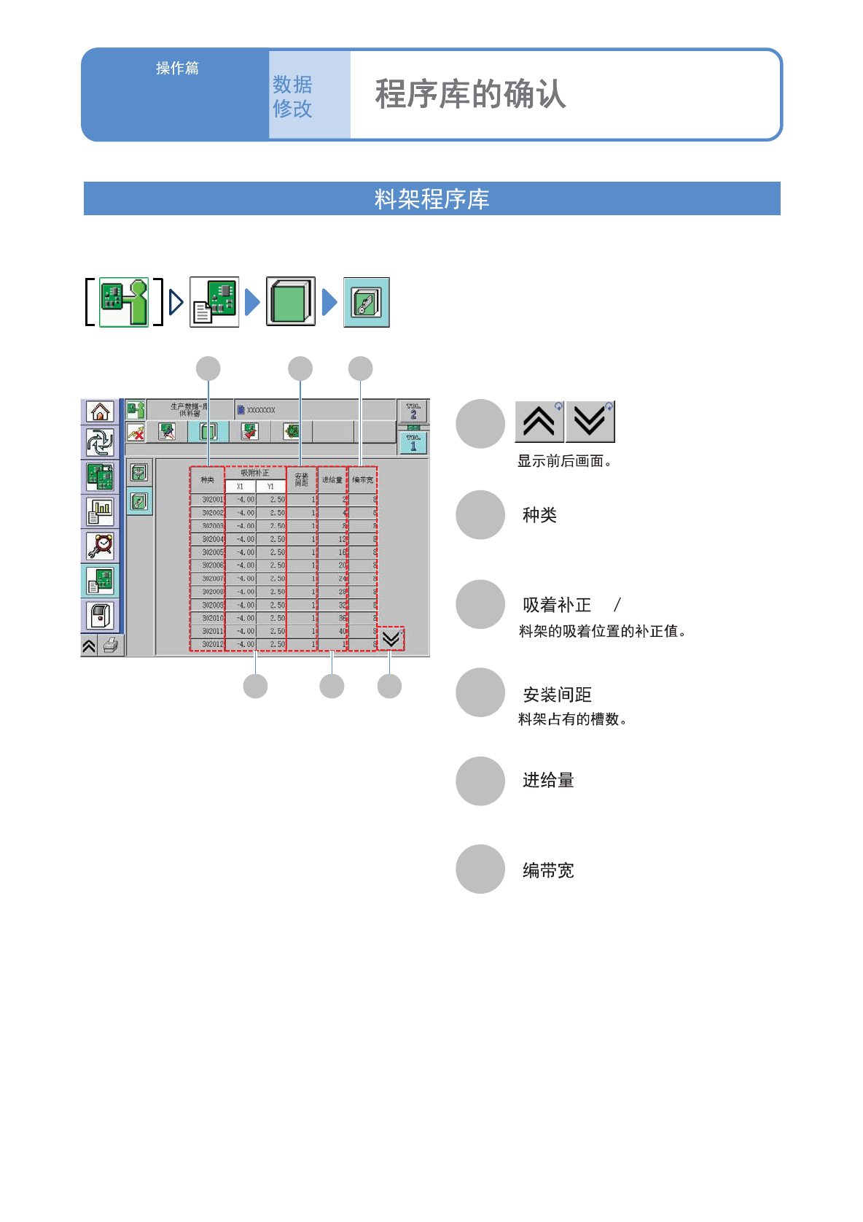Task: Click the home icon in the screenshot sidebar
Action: (x=100, y=412)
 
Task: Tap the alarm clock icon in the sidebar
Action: (x=100, y=546)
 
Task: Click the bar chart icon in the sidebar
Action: (x=100, y=511)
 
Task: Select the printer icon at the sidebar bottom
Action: (x=111, y=646)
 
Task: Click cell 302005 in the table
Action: (x=212, y=552)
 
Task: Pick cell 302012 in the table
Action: (x=212, y=644)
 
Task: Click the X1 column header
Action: (x=240, y=487)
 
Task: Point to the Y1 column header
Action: (x=270, y=487)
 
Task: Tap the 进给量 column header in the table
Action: (x=332, y=480)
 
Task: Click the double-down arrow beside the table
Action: (x=391, y=639)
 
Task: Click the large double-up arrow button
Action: (x=539, y=422)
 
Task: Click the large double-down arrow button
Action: (x=590, y=422)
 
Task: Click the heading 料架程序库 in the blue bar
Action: (x=431, y=199)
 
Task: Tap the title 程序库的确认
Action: (x=470, y=95)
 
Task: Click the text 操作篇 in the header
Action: (x=177, y=69)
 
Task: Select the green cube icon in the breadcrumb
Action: (x=291, y=301)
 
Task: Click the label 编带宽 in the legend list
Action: (x=548, y=870)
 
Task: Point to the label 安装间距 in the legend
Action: (x=557, y=695)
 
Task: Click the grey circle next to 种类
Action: (x=480, y=515)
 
